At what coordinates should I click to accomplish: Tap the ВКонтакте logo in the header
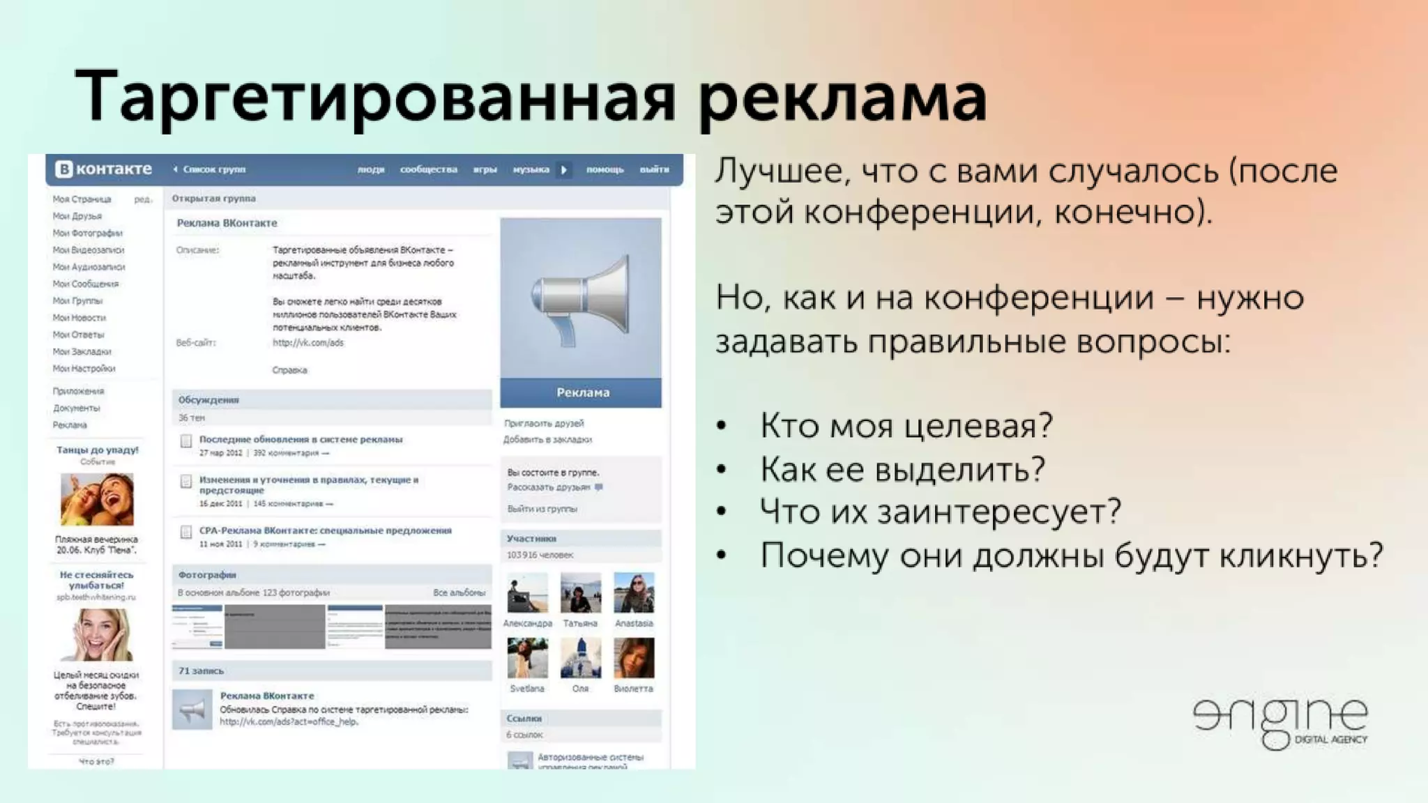point(104,169)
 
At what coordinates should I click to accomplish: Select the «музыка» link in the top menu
point(531,169)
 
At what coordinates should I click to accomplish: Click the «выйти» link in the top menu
point(654,169)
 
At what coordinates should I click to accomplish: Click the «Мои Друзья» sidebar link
point(77,216)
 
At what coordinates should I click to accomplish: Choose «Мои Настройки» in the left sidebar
point(84,369)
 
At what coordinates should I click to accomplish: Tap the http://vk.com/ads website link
point(307,343)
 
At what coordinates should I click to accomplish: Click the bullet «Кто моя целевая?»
point(906,425)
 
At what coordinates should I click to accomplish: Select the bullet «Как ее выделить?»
point(902,469)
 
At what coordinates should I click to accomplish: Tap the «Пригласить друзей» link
point(544,423)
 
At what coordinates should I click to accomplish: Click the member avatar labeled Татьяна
point(580,592)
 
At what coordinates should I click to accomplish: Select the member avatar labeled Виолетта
point(634,658)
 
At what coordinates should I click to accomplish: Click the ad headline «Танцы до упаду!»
point(98,450)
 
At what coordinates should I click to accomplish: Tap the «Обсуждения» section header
point(208,400)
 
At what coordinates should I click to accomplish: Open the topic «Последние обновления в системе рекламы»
point(301,440)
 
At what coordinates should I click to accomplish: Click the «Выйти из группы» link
point(542,509)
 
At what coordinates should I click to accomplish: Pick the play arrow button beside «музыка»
point(564,169)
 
